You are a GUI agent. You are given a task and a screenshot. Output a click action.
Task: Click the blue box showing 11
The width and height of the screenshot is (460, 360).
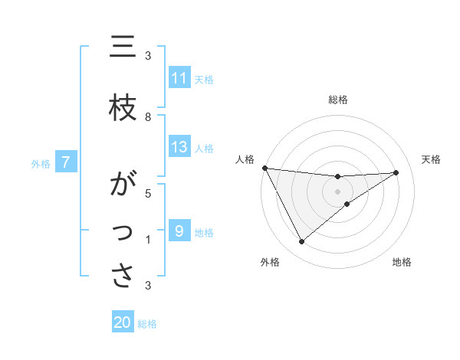[179, 78]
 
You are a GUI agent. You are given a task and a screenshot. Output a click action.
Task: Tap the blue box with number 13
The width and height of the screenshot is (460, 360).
[179, 147]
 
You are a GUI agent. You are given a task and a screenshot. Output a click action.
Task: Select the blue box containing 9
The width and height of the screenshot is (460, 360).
[179, 231]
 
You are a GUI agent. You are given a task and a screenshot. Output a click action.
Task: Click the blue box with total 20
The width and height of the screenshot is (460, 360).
[123, 322]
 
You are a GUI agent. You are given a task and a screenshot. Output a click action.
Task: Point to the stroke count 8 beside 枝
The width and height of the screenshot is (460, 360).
[148, 117]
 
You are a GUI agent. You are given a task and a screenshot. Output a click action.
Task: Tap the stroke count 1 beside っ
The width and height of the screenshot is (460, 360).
[148, 241]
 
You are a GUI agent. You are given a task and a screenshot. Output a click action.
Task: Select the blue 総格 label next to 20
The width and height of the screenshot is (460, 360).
[147, 324]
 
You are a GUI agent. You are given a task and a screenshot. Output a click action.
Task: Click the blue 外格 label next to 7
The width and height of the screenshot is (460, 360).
[41, 163]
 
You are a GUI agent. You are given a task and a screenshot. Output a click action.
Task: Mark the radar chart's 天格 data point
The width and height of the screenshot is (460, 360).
[396, 172]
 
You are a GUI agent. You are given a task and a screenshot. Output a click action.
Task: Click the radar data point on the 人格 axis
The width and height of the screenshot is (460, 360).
[264, 168]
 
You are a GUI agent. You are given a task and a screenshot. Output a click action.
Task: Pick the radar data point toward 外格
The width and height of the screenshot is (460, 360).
[301, 242]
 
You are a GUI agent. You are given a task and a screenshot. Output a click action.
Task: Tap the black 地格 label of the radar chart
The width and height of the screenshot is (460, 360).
[402, 263]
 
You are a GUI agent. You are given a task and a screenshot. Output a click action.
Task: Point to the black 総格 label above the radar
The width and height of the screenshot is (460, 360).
[337, 100]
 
